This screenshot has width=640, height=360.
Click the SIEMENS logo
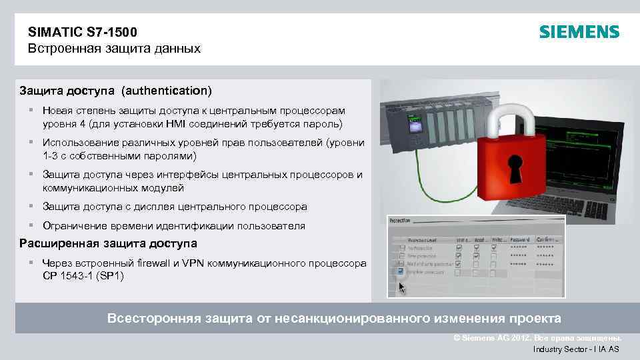579,32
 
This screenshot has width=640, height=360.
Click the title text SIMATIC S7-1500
83,31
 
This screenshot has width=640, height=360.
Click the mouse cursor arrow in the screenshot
401,286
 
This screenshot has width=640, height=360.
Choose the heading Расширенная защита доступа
108,243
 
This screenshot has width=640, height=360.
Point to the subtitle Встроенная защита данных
114,49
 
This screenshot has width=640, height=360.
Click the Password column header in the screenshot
519,239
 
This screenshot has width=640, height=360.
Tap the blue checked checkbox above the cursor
400,271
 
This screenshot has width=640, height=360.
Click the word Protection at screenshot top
400,219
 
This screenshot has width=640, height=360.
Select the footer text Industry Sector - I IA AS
576,349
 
